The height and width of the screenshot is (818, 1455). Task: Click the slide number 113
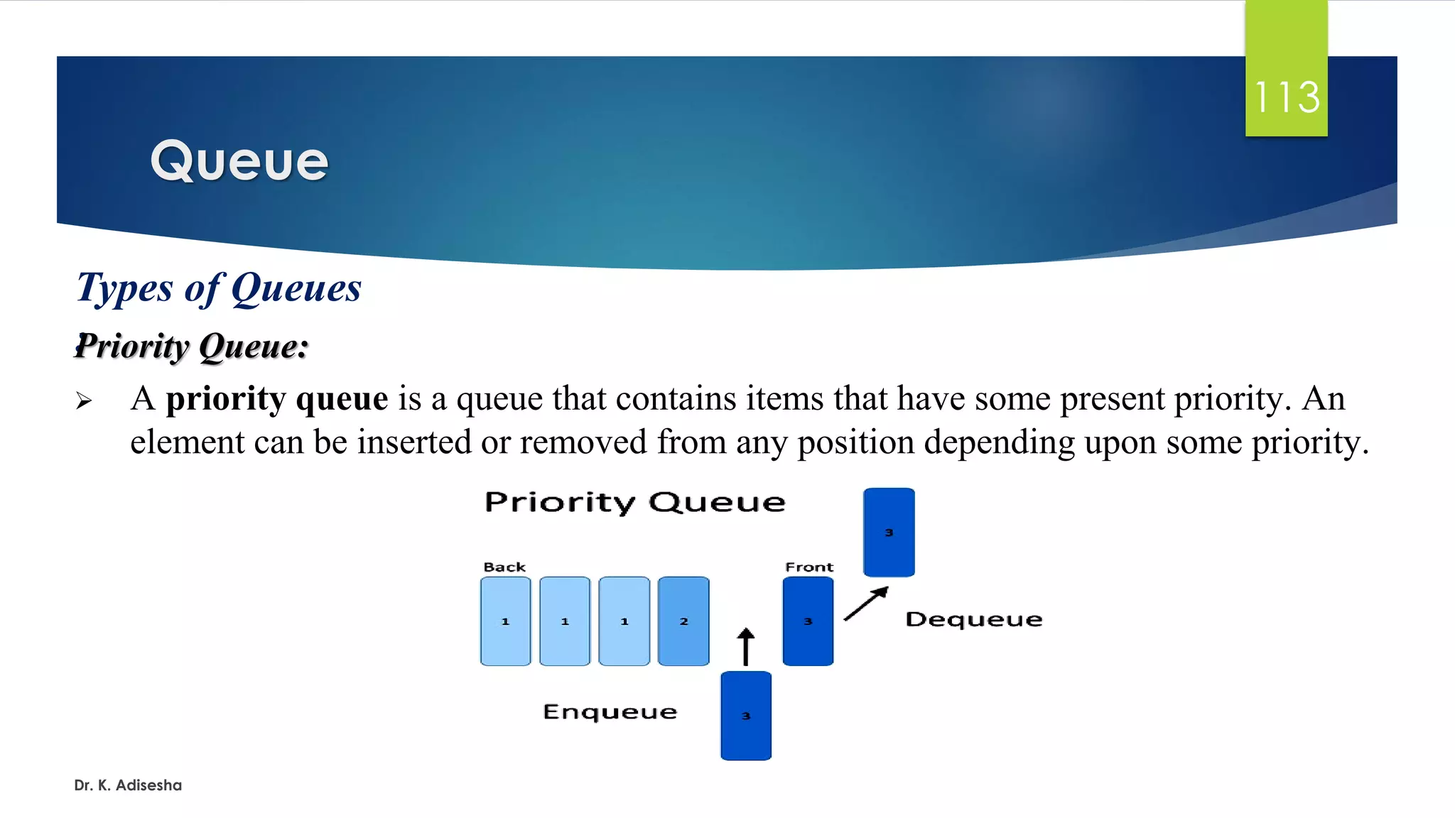(x=1287, y=97)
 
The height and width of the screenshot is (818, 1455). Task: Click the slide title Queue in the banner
(x=239, y=161)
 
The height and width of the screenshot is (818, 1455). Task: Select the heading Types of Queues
(x=219, y=288)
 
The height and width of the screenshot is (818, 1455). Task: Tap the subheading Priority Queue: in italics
(x=192, y=347)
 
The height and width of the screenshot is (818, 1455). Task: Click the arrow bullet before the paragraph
(x=84, y=401)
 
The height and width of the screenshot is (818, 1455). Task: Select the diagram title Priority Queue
(x=635, y=503)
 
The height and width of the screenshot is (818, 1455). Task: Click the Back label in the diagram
(x=504, y=567)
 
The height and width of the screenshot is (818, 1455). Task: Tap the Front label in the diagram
(x=808, y=567)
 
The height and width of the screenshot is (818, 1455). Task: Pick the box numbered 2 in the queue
(x=683, y=621)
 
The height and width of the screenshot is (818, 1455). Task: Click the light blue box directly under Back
(x=505, y=621)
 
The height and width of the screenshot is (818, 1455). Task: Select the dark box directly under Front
(x=808, y=621)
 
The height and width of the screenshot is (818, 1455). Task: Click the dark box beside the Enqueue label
(x=746, y=716)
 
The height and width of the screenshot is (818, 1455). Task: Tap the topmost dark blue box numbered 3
(x=889, y=532)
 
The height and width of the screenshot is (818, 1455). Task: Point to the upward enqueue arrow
(x=745, y=646)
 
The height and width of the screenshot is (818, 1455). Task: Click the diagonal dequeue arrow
(x=866, y=604)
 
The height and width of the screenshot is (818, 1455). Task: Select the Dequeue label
(x=973, y=620)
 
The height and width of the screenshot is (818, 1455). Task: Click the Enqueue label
(x=610, y=712)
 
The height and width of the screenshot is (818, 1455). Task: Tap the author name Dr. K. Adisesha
(x=128, y=785)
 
